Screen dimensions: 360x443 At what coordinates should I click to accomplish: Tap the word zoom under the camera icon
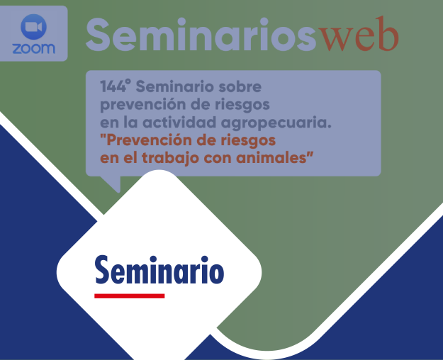[x=33, y=49]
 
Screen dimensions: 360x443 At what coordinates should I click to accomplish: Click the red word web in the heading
[x=358, y=35]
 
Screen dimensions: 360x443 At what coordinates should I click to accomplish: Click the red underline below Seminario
[x=130, y=295]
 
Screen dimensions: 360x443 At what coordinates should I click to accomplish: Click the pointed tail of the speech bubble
[x=113, y=185]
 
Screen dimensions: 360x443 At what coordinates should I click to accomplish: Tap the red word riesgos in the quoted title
[x=244, y=140]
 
